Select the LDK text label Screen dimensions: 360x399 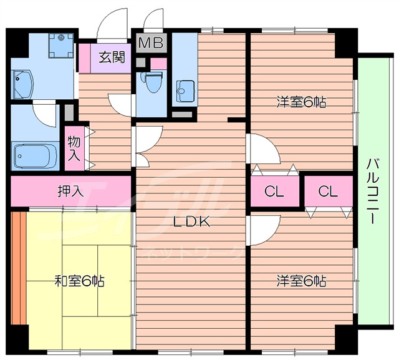pos(191,221)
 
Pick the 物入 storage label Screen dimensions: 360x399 pos(74,148)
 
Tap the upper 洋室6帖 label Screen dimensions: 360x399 pos(302,102)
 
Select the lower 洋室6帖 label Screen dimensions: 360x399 pos(302,281)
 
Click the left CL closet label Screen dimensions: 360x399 pos(274,192)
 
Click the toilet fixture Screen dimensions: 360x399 pos(151,81)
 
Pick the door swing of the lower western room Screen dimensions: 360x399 pos(262,230)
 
